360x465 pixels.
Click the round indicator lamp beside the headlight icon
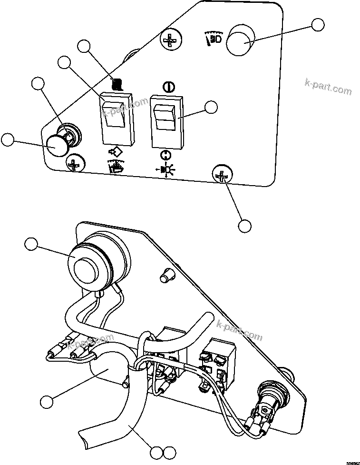[x=240, y=42]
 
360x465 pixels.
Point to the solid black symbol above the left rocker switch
[x=117, y=85]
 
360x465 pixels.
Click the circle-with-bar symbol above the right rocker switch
[x=166, y=87]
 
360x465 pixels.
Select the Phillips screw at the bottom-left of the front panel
[x=75, y=164]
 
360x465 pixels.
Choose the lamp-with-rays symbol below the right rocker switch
[x=166, y=168]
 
